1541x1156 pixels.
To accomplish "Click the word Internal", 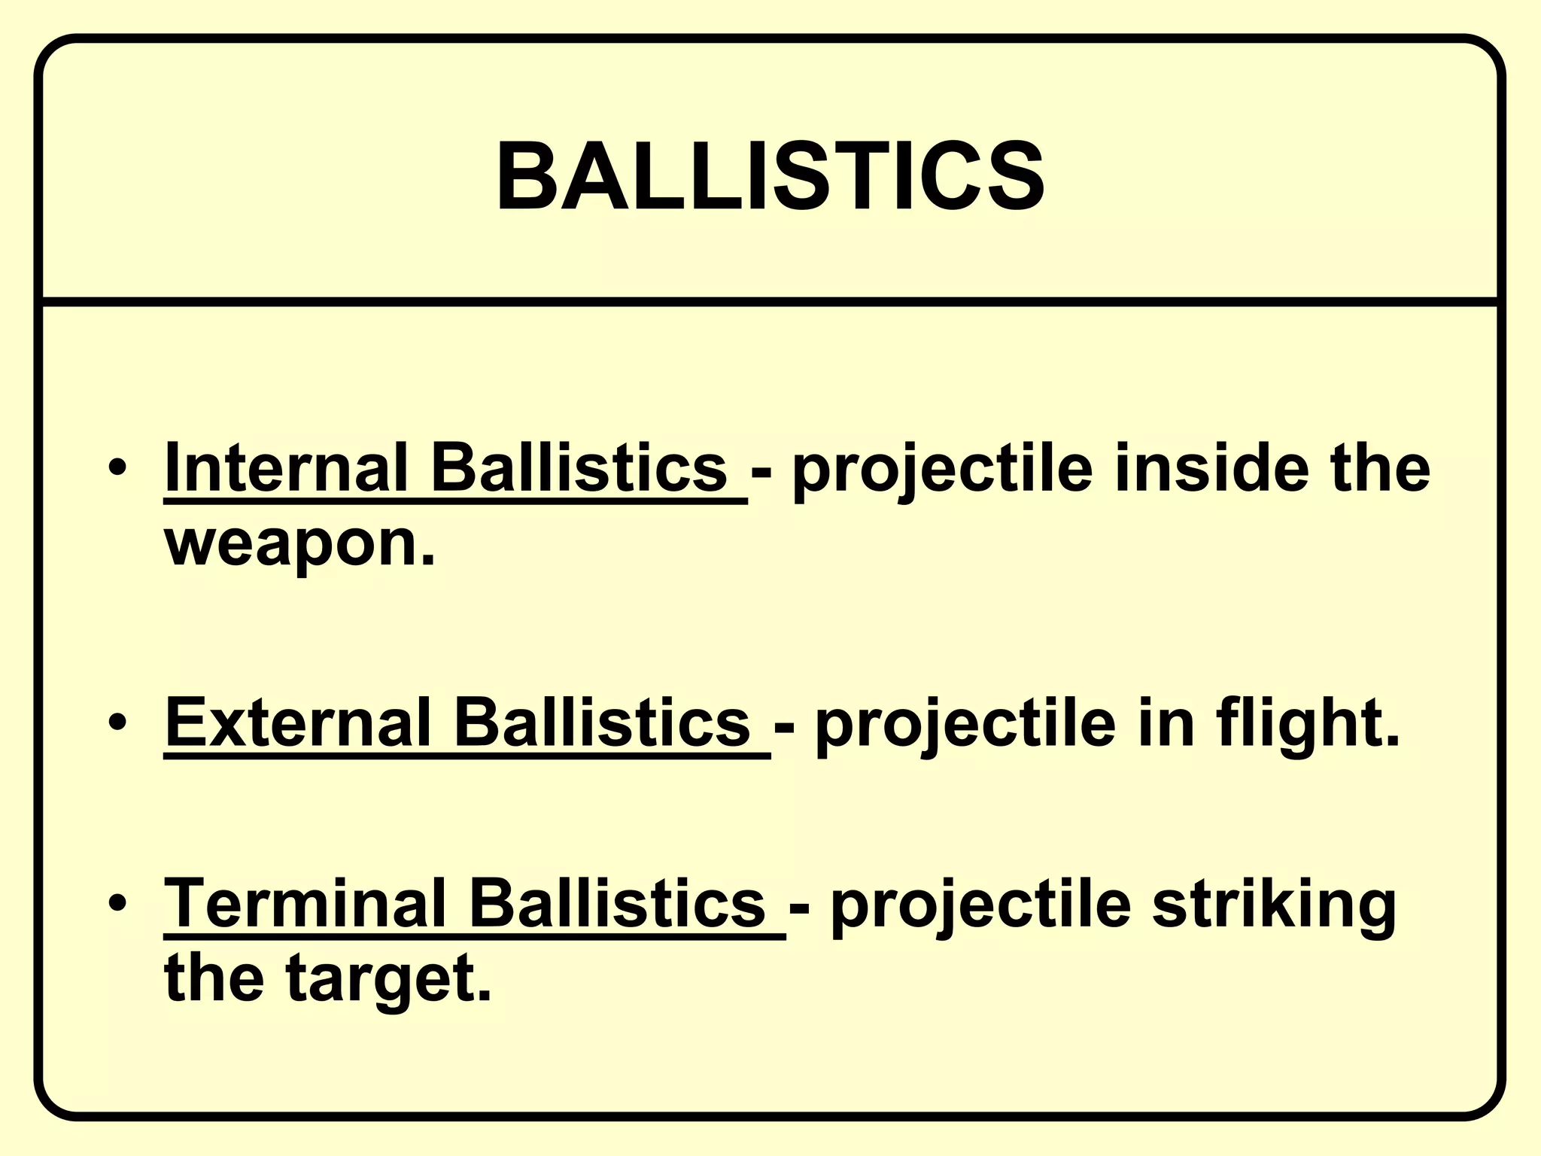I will [287, 468].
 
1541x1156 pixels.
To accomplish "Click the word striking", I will [1273, 905].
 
